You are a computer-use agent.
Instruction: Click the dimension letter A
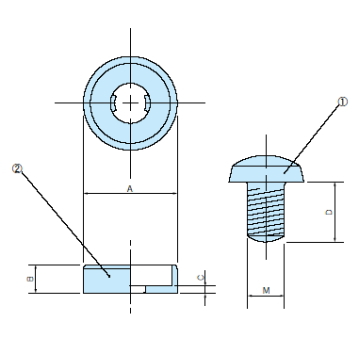(130, 189)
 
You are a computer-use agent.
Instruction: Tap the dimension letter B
(30, 279)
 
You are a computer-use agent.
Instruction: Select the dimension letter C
(200, 278)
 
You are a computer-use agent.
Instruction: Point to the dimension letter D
(329, 212)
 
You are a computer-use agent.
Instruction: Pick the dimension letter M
(266, 291)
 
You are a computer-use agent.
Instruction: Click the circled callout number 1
(343, 102)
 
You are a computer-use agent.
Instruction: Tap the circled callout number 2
(17, 169)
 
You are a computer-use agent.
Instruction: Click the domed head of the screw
(266, 169)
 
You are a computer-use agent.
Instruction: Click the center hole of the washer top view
(130, 103)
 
